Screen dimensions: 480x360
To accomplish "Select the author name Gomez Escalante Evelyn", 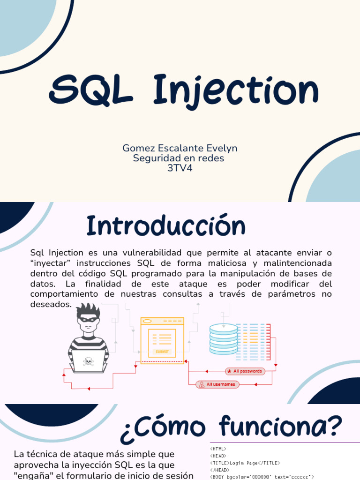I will click(180, 148).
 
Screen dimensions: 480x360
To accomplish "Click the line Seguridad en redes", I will click(179, 158).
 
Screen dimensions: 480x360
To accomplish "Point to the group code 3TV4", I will click(180, 168).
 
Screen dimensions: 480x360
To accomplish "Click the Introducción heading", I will click(166, 226).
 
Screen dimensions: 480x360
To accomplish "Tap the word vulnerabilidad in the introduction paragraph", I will click(139, 253).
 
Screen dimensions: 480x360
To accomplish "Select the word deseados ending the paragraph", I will click(50, 304).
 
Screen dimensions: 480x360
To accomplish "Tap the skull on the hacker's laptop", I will click(88, 361).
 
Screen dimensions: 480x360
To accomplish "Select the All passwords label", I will click(245, 371).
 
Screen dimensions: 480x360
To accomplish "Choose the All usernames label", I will click(217, 385).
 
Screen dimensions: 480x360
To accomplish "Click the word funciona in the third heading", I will click(281, 427).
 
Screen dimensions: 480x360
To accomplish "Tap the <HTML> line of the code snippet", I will click(218, 449).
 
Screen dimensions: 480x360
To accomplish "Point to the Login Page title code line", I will click(245, 463).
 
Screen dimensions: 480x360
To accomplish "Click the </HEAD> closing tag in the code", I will click(219, 469).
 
